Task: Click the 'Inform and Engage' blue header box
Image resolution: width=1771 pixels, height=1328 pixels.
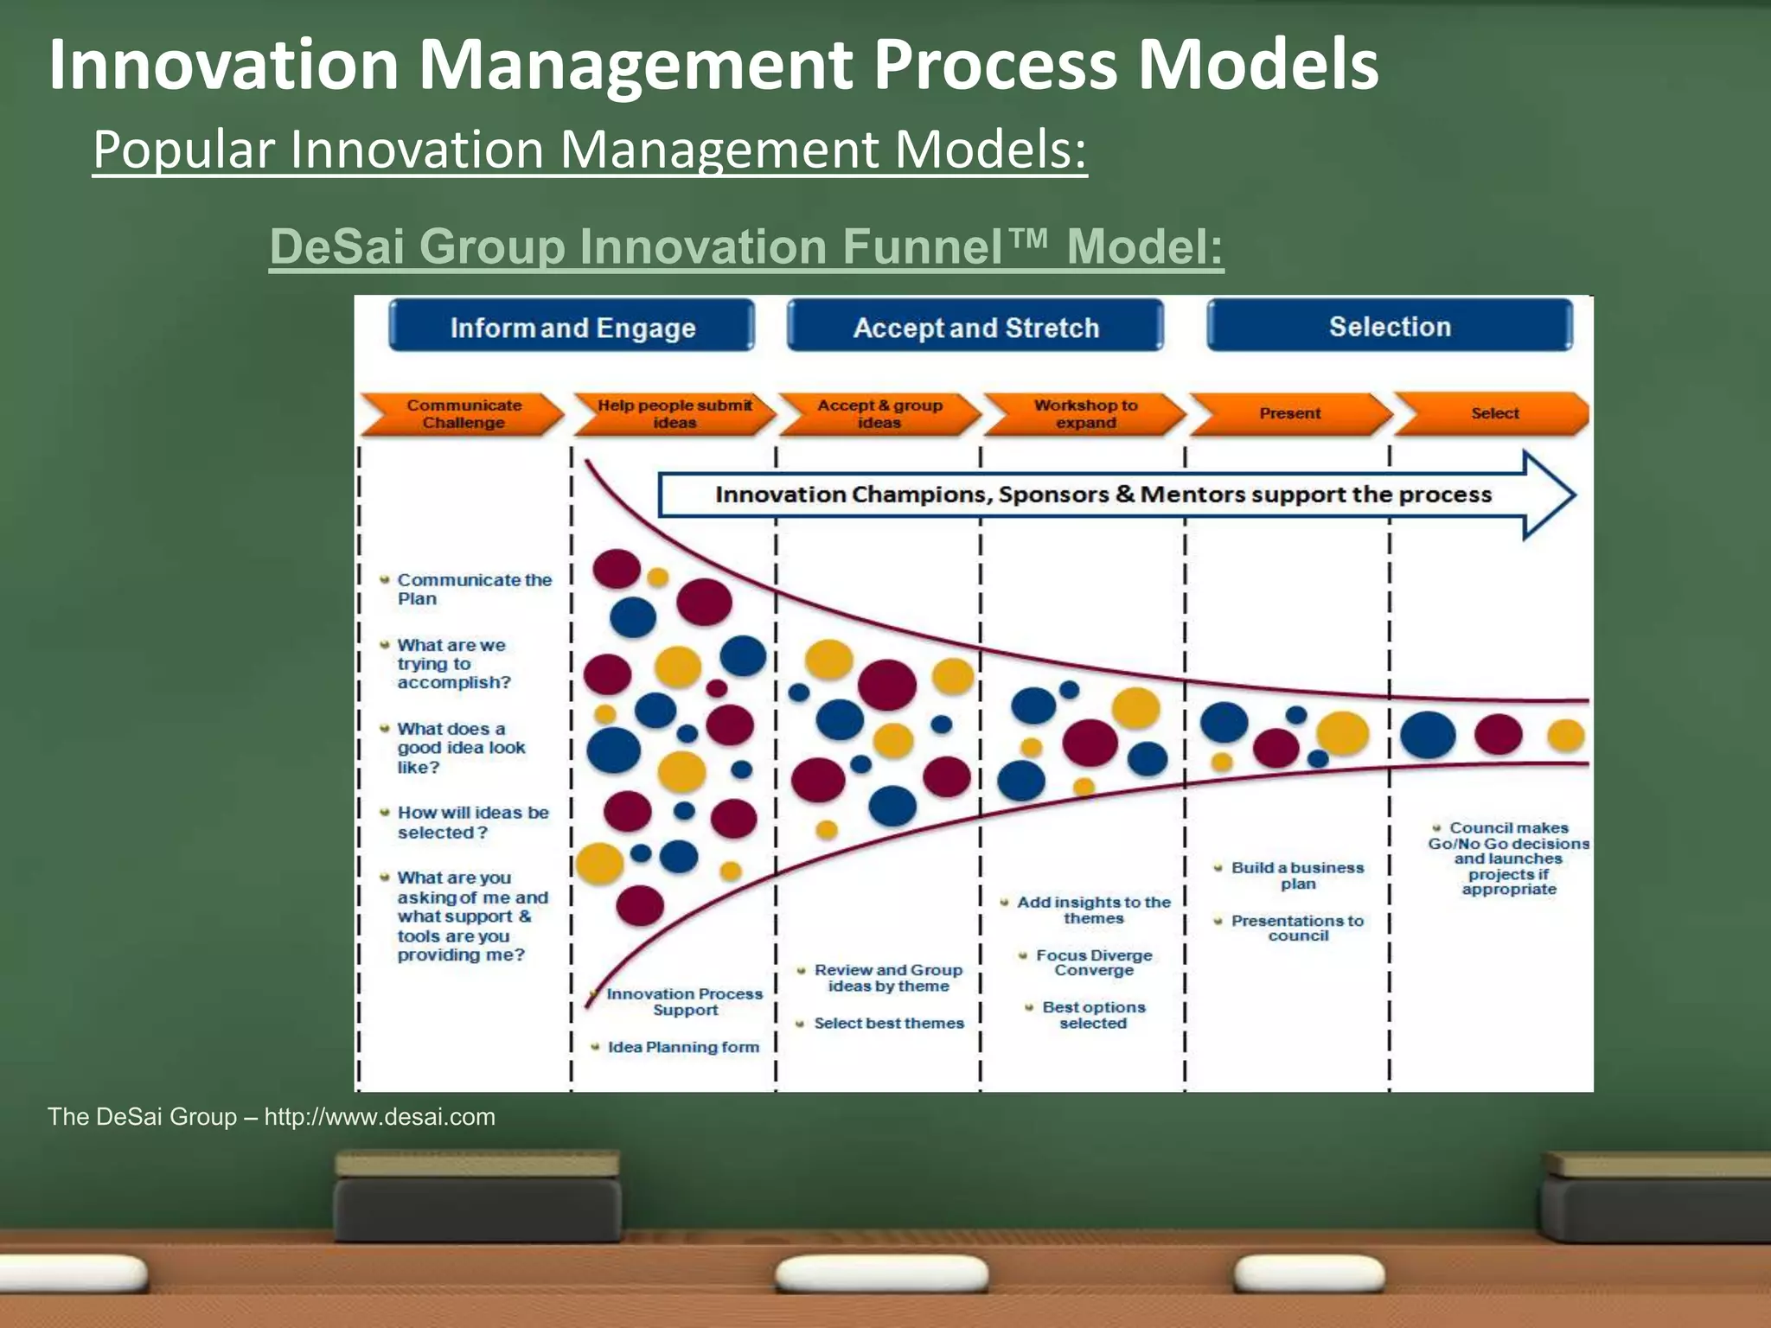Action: pos(572,327)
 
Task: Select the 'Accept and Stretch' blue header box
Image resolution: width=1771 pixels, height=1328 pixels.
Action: pos(975,327)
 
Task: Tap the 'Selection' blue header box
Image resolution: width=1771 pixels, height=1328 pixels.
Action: pos(1389,326)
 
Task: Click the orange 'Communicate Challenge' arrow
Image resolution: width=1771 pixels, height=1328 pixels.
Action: pos(463,414)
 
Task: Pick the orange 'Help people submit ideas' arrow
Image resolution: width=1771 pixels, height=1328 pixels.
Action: pos(675,414)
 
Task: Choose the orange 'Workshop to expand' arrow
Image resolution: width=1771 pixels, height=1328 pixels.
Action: pos(1085,414)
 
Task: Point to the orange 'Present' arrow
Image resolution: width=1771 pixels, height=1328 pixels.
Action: pos(1289,414)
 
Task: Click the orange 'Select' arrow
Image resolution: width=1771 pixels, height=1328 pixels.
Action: pos(1493,413)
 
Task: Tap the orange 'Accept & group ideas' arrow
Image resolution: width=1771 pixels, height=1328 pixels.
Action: pos(879,414)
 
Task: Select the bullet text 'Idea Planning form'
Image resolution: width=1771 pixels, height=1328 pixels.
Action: pos(683,1047)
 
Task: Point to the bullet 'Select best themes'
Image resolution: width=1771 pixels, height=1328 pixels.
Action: pos(888,1024)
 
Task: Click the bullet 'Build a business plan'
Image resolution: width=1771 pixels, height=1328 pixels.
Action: pos(1297,875)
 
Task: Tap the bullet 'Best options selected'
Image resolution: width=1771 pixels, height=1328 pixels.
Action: pos(1093,1015)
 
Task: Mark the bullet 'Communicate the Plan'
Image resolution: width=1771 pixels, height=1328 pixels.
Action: pos(474,590)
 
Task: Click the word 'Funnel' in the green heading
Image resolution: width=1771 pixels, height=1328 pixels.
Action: pos(920,246)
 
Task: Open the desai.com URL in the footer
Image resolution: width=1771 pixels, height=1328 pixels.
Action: pos(380,1117)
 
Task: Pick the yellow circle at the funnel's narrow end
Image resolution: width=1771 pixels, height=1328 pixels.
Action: pos(1565,736)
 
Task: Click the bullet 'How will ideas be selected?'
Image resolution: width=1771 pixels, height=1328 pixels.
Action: pos(472,822)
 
